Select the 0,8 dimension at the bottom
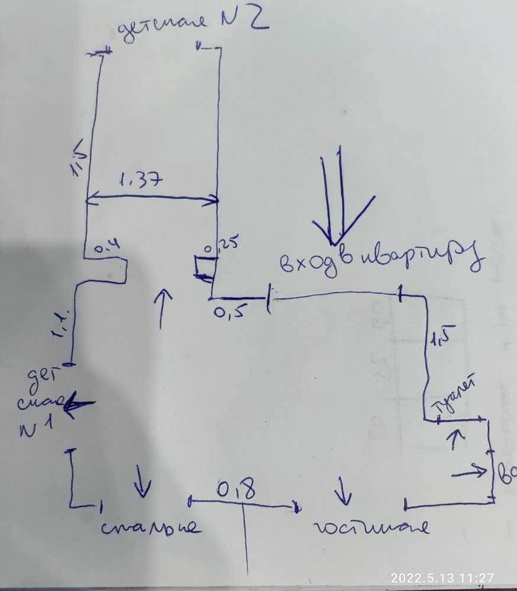238,490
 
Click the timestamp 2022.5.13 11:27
442,577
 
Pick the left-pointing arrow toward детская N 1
79,405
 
